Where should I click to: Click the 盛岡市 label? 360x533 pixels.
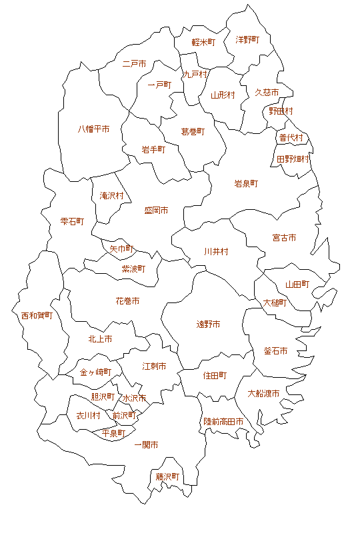pos(156,211)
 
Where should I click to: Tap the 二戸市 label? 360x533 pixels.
pos(135,65)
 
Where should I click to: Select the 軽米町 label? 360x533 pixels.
pos(203,42)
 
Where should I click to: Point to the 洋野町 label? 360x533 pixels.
pos(247,40)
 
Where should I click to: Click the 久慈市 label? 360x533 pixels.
pos(267,92)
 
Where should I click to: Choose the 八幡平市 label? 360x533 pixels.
pos(93,129)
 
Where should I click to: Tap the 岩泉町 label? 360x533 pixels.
pos(246,183)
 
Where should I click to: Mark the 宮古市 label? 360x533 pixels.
pos(284,238)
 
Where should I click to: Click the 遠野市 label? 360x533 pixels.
pos(208,324)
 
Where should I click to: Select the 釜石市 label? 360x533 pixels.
pos(275,351)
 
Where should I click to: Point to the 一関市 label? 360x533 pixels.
pos(146,444)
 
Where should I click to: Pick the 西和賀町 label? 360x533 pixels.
pos(37,315)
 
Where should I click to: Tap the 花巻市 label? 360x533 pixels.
pos(127,301)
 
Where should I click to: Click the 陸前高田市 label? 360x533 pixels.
pos(223,422)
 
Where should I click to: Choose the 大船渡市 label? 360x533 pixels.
pos(263,393)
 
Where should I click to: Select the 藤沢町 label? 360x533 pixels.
pos(168,477)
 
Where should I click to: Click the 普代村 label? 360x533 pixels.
pos(291,138)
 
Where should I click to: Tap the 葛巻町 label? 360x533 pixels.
pos(193,132)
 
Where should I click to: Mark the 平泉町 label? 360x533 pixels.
pos(113,433)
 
